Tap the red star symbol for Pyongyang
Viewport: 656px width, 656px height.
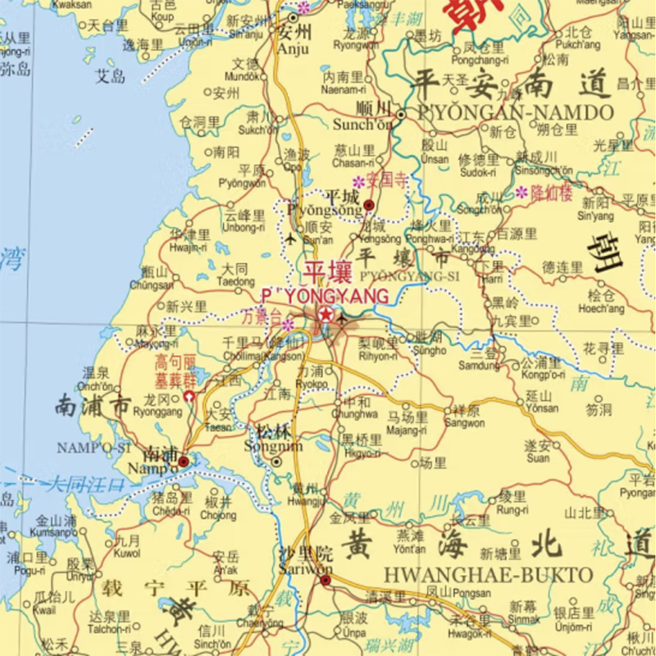click(326, 315)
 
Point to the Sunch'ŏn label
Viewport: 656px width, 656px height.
click(362, 125)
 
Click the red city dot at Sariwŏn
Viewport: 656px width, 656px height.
click(326, 581)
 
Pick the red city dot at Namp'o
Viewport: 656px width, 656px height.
click(184, 462)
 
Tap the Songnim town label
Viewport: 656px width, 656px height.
click(273, 446)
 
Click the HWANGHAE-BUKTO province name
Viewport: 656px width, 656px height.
click(487, 576)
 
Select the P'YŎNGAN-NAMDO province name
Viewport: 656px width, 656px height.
click(515, 112)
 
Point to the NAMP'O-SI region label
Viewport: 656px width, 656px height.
click(94, 447)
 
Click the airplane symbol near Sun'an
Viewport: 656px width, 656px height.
click(292, 239)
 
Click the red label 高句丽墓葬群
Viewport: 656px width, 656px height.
click(175, 371)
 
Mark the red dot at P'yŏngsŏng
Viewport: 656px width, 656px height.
click(369, 204)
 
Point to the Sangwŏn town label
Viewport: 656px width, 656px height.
click(464, 423)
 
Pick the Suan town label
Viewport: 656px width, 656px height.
click(537, 458)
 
